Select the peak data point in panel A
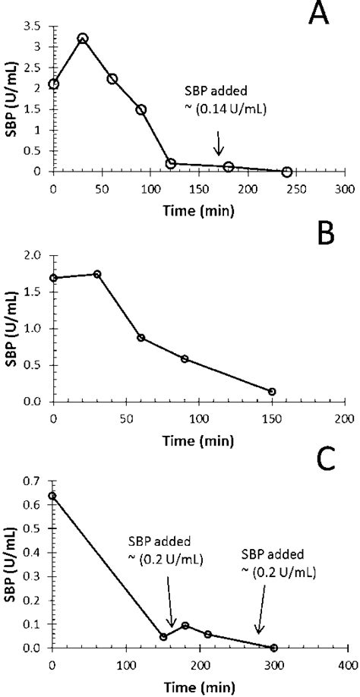point(83,38)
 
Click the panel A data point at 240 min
point(286,172)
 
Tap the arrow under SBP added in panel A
point(219,143)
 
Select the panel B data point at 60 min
point(141,338)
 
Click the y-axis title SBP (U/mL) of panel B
point(12,328)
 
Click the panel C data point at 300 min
point(273,648)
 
